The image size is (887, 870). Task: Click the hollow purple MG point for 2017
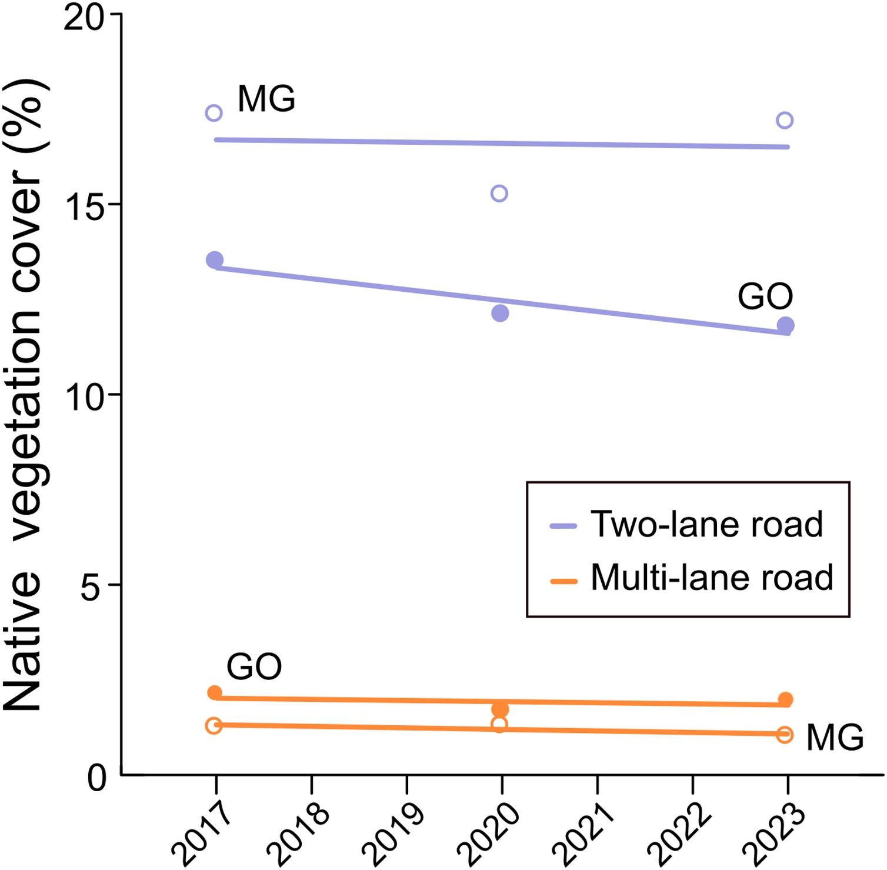214,113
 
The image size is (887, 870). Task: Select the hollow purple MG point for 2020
499,194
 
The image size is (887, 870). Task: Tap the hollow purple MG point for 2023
785,121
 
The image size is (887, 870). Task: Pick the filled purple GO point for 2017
215,260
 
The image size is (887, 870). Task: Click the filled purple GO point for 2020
500,314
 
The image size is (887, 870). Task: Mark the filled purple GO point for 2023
785,325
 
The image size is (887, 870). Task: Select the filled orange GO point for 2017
215,693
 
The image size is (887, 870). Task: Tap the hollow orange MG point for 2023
785,735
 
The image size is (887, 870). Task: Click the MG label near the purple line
266,99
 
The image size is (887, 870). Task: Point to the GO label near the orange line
254,667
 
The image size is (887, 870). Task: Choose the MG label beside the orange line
835,738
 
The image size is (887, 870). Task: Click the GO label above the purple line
765,296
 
